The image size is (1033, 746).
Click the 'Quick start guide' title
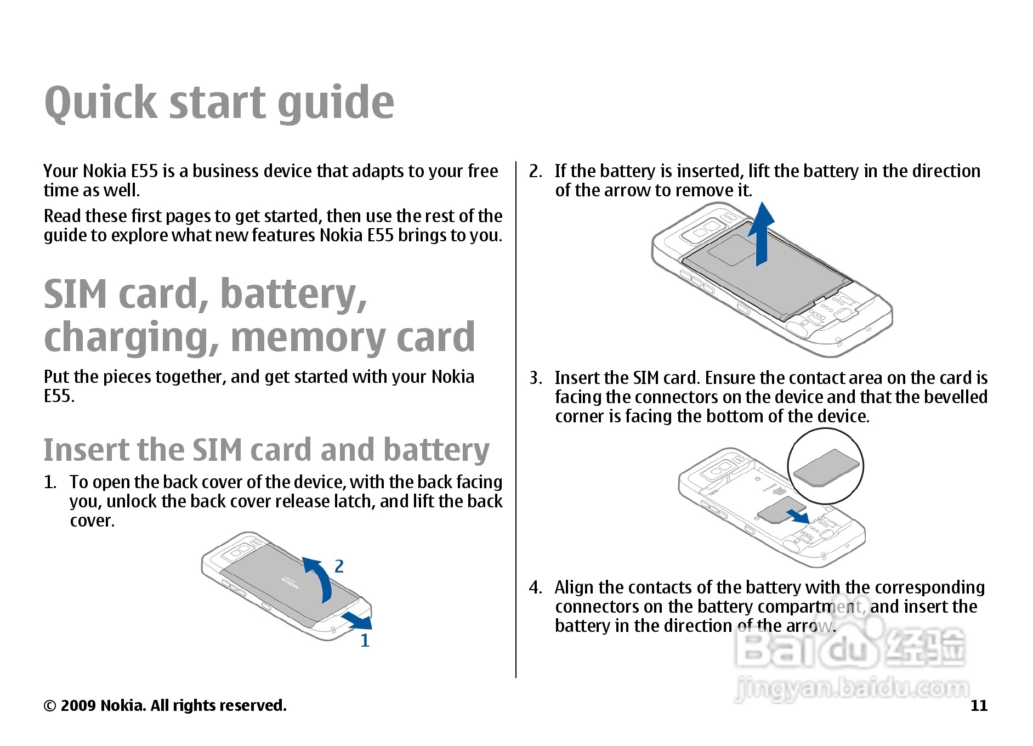219,103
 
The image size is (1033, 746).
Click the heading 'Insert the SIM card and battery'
266,450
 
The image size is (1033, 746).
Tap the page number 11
979,705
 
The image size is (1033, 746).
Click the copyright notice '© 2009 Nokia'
164,705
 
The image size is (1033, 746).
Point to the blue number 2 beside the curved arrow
339,566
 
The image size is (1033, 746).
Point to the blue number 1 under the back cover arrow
365,641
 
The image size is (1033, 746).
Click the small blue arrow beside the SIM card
798,516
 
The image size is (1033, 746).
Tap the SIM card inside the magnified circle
826,467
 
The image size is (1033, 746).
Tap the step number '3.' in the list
536,378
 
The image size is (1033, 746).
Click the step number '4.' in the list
536,587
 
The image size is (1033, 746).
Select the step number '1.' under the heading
50,482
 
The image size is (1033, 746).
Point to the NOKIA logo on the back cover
291,583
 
